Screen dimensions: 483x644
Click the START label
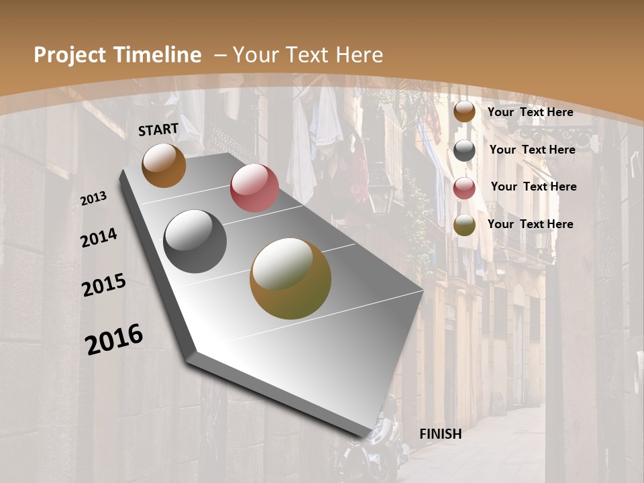[158, 129]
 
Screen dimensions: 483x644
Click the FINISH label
[441, 434]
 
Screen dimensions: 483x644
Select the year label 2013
[93, 199]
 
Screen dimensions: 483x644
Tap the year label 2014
[99, 238]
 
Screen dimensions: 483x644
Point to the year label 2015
[104, 285]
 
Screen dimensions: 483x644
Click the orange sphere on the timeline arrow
[164, 165]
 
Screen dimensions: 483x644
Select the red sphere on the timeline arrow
[254, 188]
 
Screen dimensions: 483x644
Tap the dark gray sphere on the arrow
[195, 241]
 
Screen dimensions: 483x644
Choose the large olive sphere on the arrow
[290, 278]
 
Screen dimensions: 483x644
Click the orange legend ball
[464, 111]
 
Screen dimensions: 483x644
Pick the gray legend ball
[464, 150]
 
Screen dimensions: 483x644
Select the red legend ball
[464, 188]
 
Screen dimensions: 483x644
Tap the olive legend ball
[464, 225]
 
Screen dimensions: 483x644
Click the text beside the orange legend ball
[530, 112]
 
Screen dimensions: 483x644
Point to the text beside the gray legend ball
[532, 150]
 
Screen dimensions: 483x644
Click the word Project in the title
[70, 55]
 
